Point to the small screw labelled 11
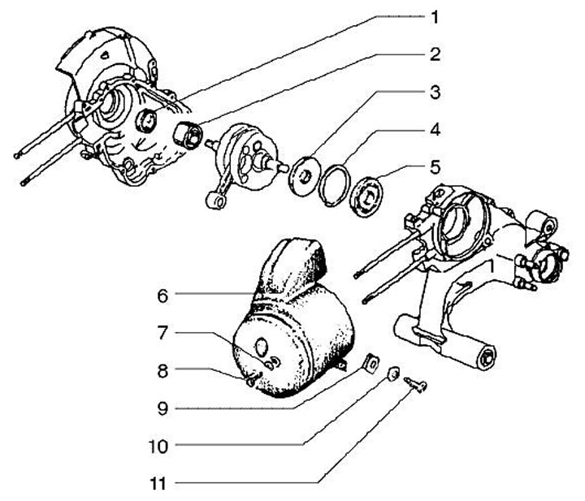pos(418,384)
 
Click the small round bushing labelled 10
pos(392,374)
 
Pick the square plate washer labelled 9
pos(369,364)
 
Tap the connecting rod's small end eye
pos(216,203)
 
